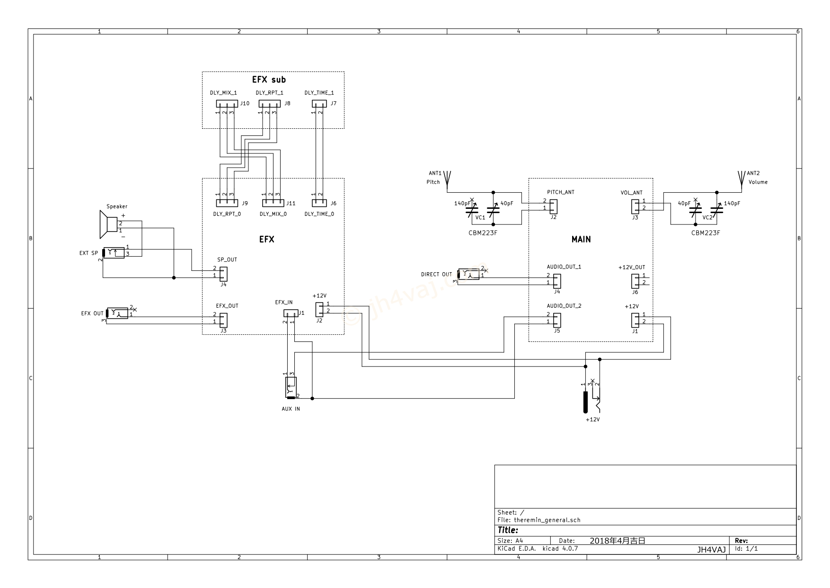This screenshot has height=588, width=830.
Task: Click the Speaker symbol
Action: click(109, 224)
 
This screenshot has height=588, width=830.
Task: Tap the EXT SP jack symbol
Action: click(114, 253)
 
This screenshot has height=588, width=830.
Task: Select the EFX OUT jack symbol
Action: click(117, 313)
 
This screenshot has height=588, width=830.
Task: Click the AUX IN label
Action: click(291, 409)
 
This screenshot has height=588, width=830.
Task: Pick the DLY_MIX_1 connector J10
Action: click(227, 104)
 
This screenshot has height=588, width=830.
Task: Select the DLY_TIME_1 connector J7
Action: click(319, 104)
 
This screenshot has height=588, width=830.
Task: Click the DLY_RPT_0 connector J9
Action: click(227, 203)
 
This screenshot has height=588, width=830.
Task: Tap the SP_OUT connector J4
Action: click(223, 274)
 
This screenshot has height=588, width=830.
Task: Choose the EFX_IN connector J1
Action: click(291, 313)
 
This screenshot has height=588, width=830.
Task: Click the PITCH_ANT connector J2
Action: click(553, 206)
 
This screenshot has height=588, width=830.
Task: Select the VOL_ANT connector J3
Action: click(635, 206)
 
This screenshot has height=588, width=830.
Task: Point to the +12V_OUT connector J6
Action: click(635, 281)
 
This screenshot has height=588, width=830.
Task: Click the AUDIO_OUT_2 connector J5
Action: click(556, 320)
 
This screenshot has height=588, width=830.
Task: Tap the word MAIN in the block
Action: click(581, 239)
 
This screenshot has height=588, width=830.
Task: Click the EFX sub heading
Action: click(269, 80)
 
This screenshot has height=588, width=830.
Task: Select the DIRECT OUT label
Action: click(436, 274)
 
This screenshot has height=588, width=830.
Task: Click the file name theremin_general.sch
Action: click(547, 520)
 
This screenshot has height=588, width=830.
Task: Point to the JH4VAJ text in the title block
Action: click(711, 550)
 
